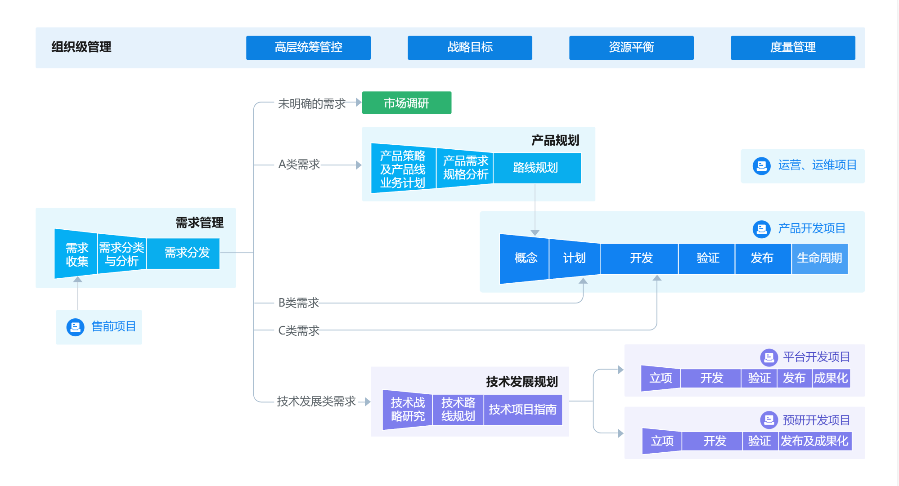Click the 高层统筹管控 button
pos(308,48)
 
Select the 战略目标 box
pos(470,48)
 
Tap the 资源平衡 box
pos(631,48)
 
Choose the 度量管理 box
pos(793,48)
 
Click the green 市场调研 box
pos(407,103)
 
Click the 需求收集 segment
pos(76,254)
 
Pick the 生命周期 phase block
pos(820,259)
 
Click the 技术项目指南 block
pos(523,410)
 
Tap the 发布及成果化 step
pos(815,441)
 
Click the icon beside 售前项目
pos(75,327)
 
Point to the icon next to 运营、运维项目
pos(761,166)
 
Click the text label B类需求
pos(299,303)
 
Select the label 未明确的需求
pos(312,103)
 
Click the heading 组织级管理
pos(81,47)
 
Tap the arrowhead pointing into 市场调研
pos(359,103)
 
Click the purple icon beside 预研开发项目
pos(769,420)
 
